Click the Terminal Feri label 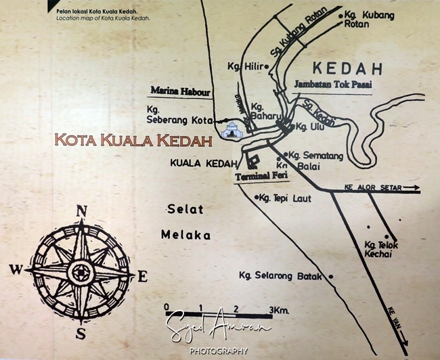coord(257,176)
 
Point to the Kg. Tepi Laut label coord(283,198)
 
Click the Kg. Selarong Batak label coord(282,275)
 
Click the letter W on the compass coord(16,269)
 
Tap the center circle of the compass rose coord(82,273)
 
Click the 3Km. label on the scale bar coord(280,309)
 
